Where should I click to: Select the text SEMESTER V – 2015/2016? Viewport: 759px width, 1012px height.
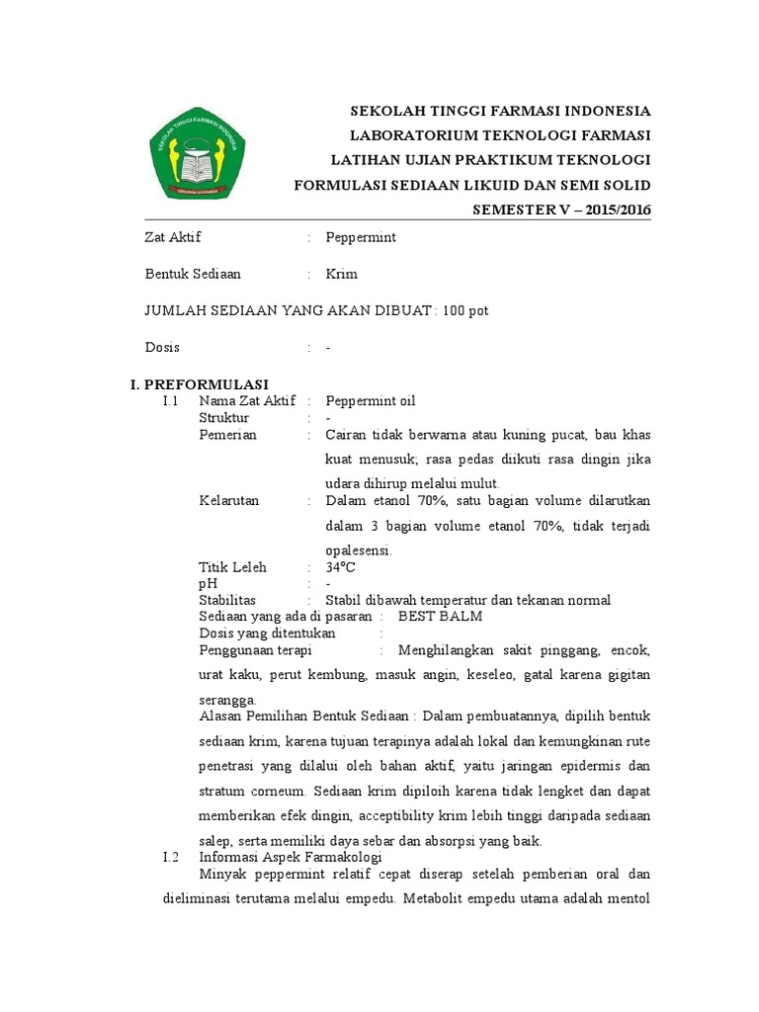tap(561, 210)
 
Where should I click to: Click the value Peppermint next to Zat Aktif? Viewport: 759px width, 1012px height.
tap(361, 237)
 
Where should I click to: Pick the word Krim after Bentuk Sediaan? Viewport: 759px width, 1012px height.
tap(342, 274)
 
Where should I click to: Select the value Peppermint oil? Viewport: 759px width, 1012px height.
tap(371, 400)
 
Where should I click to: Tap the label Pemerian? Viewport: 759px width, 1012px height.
tap(227, 434)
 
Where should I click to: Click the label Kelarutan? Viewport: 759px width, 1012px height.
tap(228, 500)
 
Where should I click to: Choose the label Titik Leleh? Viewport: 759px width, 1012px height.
tap(232, 567)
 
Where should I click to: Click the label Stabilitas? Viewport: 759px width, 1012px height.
tap(227, 600)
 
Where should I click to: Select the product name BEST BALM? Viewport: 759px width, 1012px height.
tap(440, 617)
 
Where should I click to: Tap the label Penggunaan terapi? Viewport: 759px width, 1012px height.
tap(255, 650)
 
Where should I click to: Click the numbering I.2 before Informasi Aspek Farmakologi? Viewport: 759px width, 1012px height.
tap(169, 857)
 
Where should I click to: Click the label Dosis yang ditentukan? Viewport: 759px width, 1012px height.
tap(267, 633)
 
